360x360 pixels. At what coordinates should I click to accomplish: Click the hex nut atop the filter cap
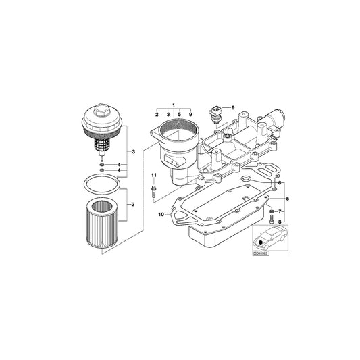(100, 110)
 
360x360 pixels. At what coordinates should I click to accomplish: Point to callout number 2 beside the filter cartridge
(133, 204)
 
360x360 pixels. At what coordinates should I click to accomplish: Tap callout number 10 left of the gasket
(161, 214)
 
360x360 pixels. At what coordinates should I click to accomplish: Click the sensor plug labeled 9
(215, 112)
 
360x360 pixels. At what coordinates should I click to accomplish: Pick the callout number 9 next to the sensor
(232, 108)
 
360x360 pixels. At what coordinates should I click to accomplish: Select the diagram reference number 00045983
(261, 253)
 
